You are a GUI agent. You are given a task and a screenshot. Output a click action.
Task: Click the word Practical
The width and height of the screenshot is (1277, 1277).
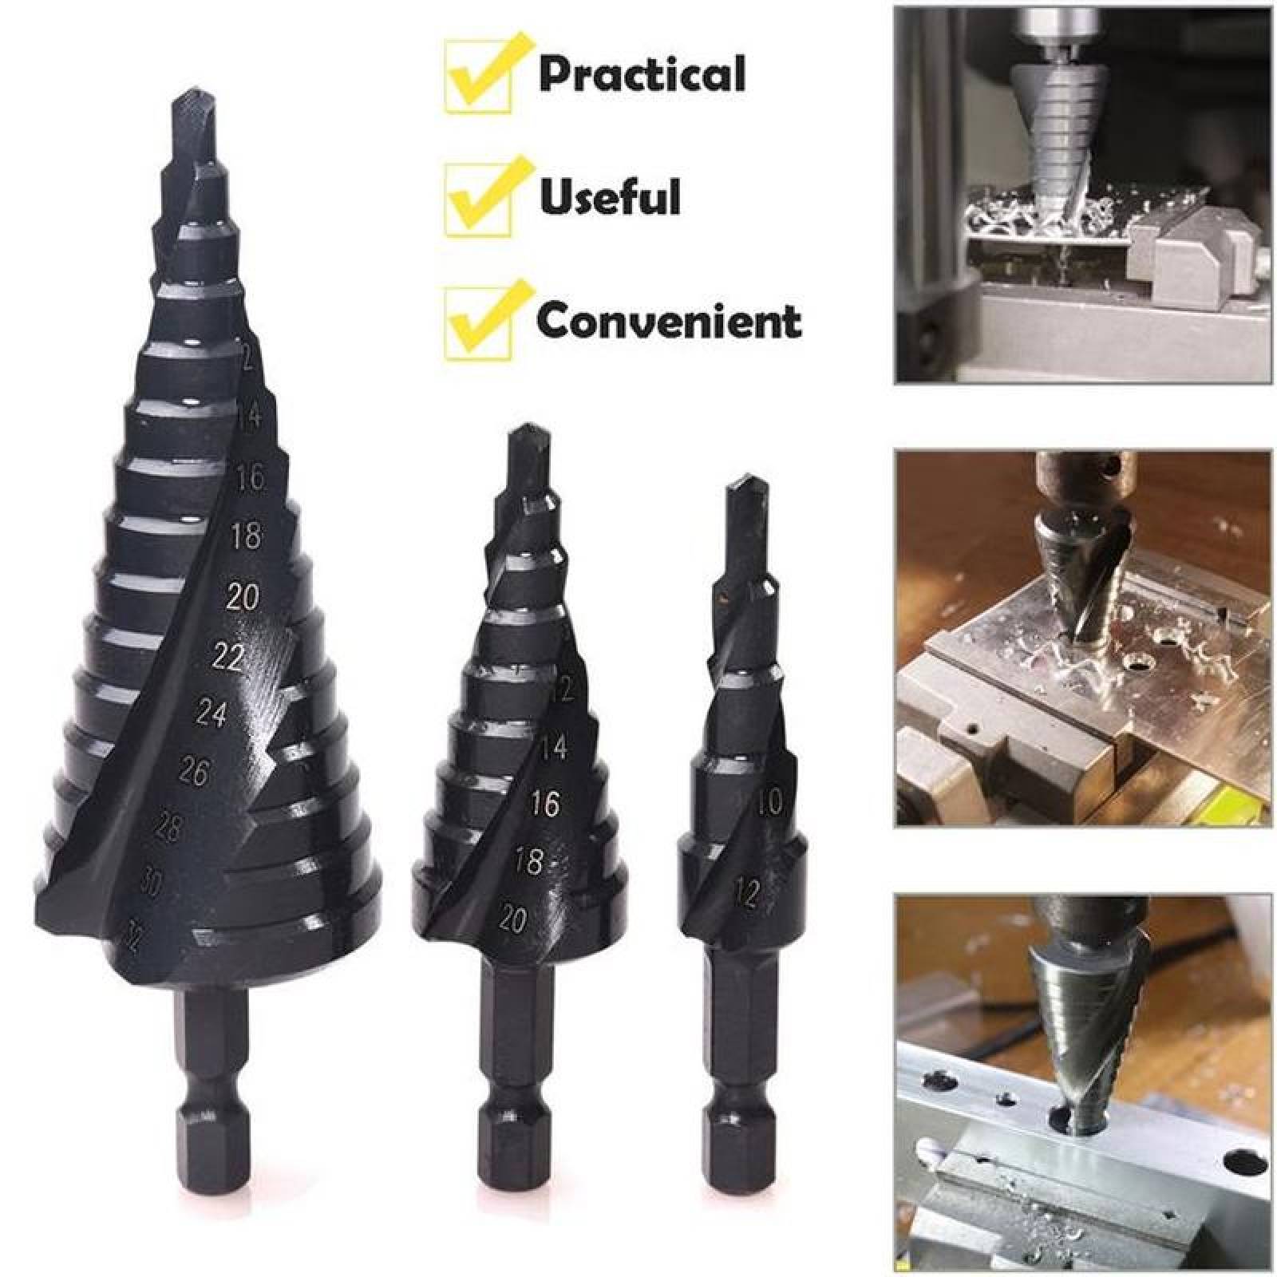642,73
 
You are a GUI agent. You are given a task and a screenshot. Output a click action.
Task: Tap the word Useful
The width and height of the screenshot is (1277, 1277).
611,196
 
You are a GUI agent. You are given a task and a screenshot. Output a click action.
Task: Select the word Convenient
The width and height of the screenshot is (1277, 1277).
669,321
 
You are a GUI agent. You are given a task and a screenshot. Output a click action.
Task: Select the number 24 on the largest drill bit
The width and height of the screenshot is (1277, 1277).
211,714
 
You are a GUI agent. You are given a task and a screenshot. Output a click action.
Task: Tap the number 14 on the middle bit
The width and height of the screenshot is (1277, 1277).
553,747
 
